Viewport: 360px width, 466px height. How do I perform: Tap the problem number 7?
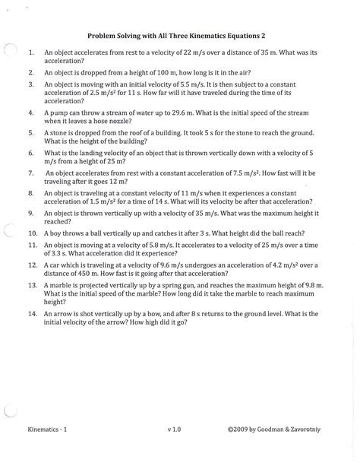point(31,173)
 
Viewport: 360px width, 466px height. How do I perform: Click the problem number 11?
point(31,245)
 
